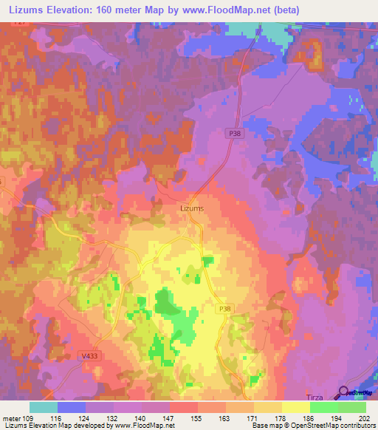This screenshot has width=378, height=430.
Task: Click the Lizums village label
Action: (x=192, y=208)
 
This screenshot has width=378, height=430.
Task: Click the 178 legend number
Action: (x=282, y=417)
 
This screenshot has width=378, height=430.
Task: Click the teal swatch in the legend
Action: (x=44, y=406)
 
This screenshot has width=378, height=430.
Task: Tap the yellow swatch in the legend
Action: (x=295, y=406)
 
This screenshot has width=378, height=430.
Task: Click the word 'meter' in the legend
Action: (x=11, y=417)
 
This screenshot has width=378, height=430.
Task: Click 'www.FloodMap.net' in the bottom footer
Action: (x=140, y=426)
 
